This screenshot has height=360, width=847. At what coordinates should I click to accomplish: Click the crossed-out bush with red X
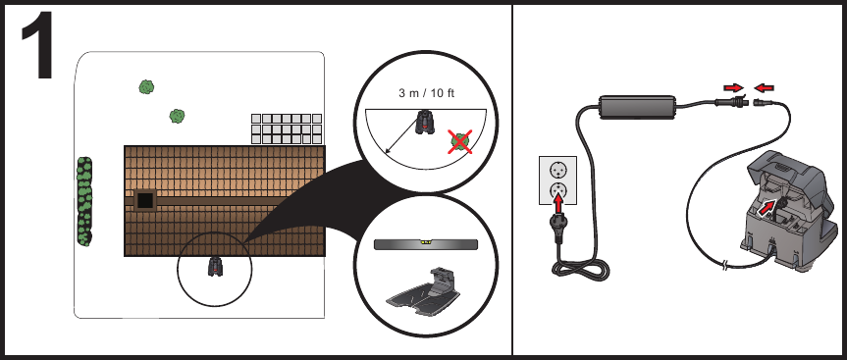pyautogui.click(x=457, y=141)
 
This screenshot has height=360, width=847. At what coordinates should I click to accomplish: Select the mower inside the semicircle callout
pyautogui.click(x=425, y=123)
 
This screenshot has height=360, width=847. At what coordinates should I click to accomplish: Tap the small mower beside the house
pyautogui.click(x=216, y=265)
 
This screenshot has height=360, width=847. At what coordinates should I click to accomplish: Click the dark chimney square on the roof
pyautogui.click(x=145, y=199)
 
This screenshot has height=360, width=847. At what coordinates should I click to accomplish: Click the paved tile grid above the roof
pyautogui.click(x=287, y=129)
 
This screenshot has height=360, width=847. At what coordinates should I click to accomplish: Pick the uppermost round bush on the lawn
pyautogui.click(x=146, y=86)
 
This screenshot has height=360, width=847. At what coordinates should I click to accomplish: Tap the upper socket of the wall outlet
pyautogui.click(x=558, y=168)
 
